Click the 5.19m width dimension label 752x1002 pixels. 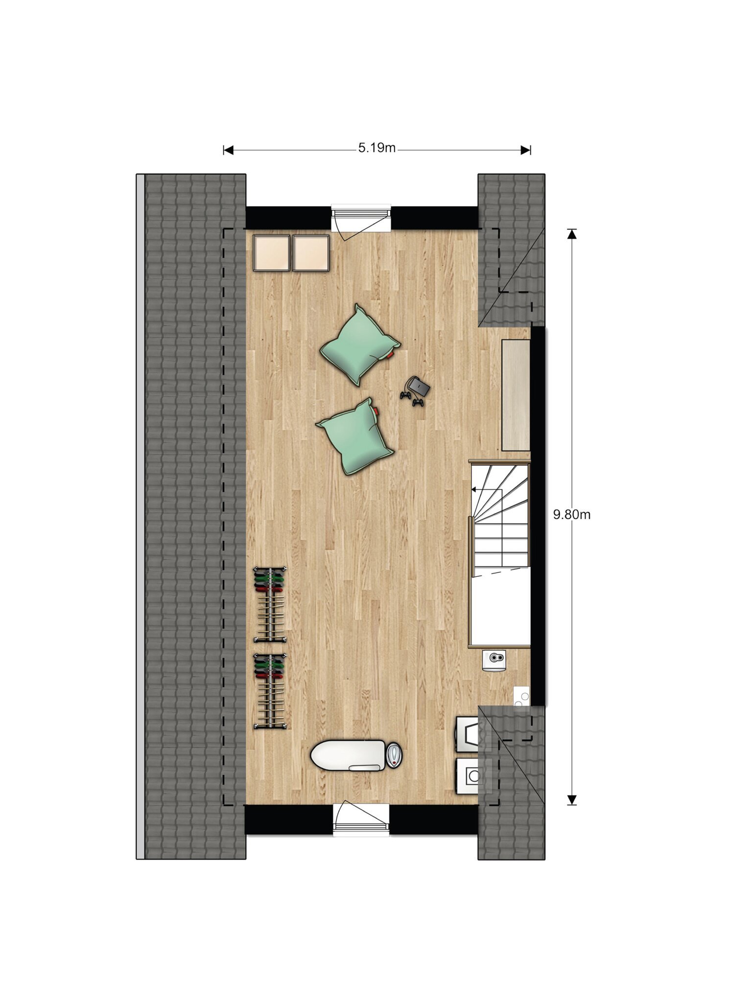click(x=376, y=148)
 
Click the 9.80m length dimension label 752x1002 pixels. click(x=571, y=515)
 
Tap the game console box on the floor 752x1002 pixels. click(x=420, y=387)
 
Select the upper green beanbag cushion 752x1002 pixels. click(x=360, y=345)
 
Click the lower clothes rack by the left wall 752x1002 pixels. click(x=270, y=691)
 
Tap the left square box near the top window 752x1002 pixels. click(x=272, y=252)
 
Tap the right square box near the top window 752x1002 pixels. click(x=311, y=252)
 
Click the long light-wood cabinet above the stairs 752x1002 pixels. click(x=516, y=395)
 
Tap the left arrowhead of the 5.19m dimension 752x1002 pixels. click(x=228, y=150)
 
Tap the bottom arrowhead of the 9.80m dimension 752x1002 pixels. click(x=571, y=800)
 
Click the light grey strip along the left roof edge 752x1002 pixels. click(x=141, y=517)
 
